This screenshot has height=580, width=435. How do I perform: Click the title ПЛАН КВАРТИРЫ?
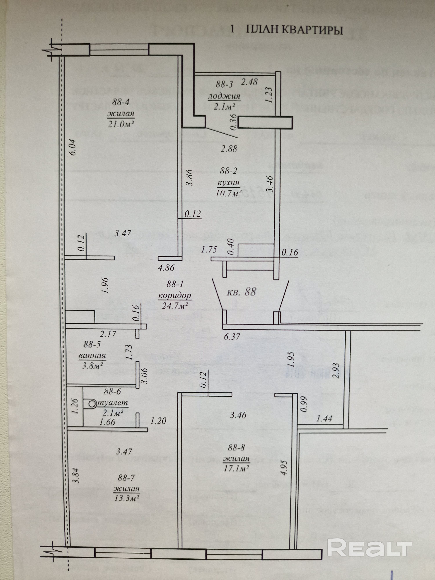coord(295,30)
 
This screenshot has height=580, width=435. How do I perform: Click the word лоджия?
coord(224,96)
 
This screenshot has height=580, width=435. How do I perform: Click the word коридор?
coord(175,296)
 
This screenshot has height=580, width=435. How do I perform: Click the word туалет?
coord(113,403)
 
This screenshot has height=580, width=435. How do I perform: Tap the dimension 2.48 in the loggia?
coord(249,82)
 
